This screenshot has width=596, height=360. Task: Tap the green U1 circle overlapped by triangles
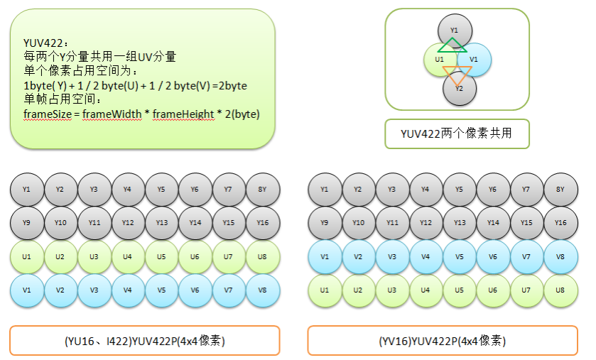(x=437, y=60)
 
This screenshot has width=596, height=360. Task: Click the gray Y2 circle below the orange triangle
(x=459, y=89)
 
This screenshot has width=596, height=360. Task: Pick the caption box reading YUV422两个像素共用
(x=457, y=133)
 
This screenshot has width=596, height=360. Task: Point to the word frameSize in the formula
(x=48, y=114)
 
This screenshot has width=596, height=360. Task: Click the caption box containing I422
(x=144, y=341)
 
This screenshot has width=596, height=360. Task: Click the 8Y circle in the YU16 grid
(x=262, y=190)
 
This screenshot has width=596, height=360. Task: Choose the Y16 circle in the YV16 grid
(x=560, y=222)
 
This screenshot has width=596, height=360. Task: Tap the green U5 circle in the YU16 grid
(x=161, y=256)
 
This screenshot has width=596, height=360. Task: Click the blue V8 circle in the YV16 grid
(x=560, y=256)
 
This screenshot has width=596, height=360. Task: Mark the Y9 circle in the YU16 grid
(x=27, y=222)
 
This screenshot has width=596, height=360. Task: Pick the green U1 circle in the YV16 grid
(x=325, y=290)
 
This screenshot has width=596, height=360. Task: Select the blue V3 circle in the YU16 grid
(x=94, y=290)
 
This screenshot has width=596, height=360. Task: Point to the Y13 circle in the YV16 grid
(x=460, y=222)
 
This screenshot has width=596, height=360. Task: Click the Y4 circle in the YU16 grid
(x=128, y=190)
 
